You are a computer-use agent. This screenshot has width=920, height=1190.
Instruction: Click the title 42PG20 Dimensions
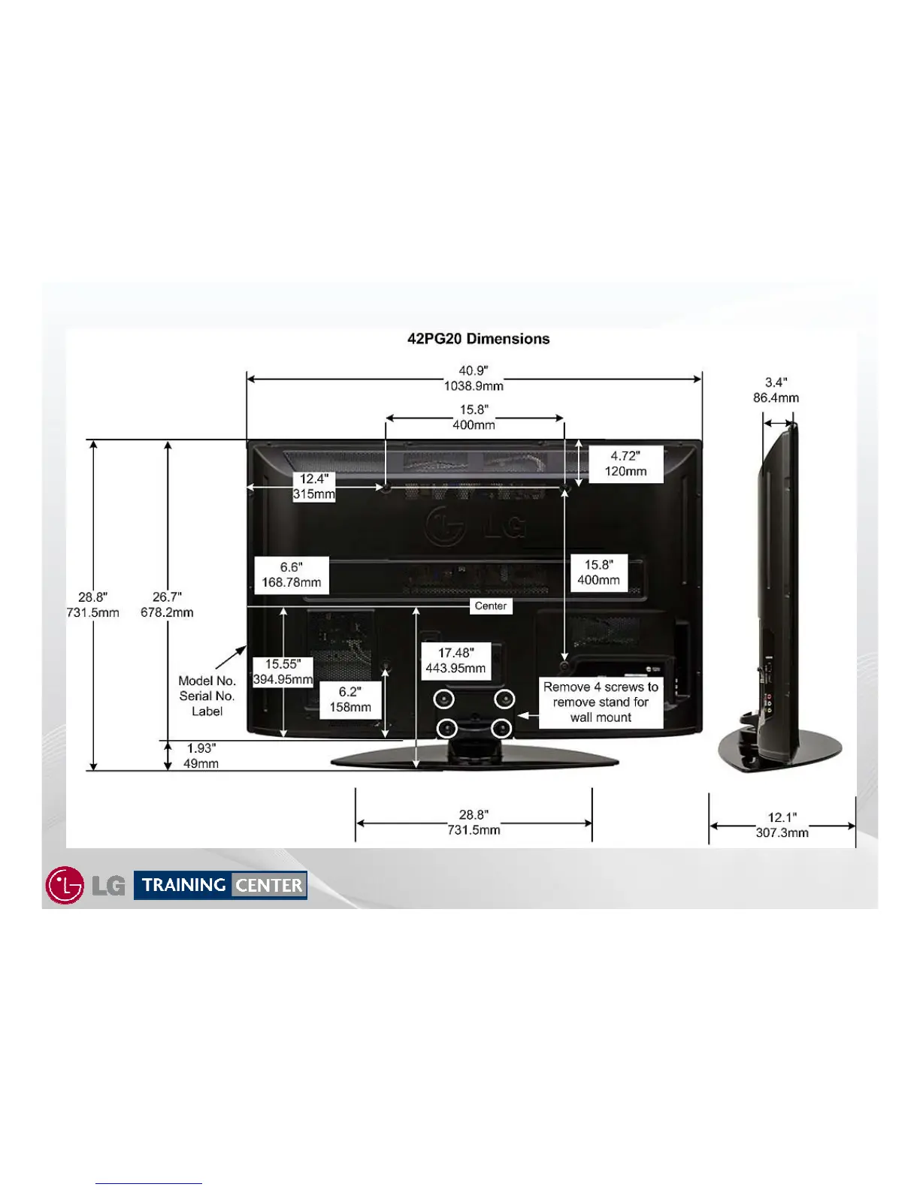(478, 339)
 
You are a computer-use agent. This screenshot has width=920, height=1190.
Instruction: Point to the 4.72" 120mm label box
(625, 464)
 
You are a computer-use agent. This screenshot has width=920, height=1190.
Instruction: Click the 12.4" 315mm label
(313, 487)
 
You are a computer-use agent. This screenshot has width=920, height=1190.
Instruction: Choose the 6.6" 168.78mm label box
(292, 575)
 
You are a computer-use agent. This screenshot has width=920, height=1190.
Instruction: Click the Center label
(491, 606)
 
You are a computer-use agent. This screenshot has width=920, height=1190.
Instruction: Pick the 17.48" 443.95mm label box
(455, 661)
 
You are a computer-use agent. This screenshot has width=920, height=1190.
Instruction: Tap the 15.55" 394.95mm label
(283, 672)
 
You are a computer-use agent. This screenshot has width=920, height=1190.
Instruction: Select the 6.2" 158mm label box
(350, 699)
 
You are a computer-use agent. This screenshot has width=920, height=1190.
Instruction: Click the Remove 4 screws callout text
(601, 702)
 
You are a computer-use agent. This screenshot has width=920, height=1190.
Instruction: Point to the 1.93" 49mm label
(201, 756)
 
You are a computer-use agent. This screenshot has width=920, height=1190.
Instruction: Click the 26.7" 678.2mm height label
(167, 605)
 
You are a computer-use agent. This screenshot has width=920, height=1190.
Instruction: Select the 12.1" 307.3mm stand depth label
(782, 825)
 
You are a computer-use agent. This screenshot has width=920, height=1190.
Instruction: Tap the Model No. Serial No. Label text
(207, 696)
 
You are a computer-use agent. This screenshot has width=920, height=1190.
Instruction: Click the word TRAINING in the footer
(183, 885)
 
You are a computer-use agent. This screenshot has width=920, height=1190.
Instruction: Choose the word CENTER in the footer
(269, 886)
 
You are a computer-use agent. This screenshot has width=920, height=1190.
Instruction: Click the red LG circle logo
(65, 885)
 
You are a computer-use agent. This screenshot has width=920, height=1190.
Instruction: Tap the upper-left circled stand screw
(443, 699)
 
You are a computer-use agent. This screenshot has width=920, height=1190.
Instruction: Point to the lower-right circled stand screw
(501, 728)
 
